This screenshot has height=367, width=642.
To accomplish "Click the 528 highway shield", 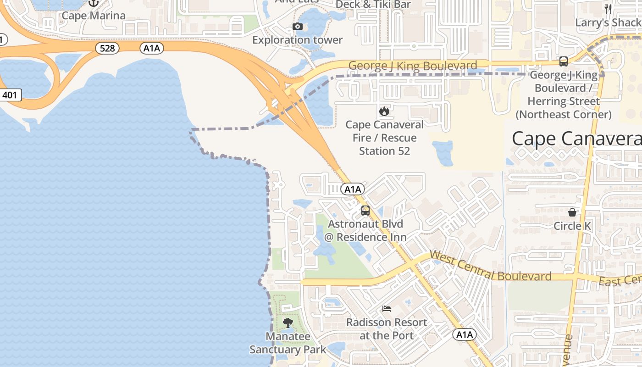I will click(107, 48).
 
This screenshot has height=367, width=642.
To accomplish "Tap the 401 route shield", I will click(10, 95).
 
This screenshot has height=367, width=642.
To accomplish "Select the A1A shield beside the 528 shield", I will click(152, 48).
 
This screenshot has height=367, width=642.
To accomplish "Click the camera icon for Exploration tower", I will click(298, 27).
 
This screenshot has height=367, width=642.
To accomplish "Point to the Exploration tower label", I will click(298, 40).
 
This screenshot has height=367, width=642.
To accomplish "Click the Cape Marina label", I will click(94, 16).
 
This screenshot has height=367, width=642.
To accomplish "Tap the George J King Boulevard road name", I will click(412, 66).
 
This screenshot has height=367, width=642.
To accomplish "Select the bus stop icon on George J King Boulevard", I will click(564, 61).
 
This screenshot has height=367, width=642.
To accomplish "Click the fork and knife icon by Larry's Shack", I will click(608, 9).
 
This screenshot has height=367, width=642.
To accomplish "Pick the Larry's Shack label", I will click(608, 22).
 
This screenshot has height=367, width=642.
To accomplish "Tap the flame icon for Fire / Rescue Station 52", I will click(384, 111).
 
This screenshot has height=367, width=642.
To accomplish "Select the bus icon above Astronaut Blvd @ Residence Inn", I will click(365, 211).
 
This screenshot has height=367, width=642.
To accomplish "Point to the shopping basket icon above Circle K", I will click(572, 212).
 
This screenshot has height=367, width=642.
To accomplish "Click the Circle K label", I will click(572, 226).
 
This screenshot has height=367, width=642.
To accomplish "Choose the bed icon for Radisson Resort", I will click(387, 309).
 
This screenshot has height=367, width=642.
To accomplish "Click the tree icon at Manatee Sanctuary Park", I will click(288, 323).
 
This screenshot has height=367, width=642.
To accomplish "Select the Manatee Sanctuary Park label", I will click(288, 343).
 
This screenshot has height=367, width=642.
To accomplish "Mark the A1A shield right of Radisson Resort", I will click(464, 335).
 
